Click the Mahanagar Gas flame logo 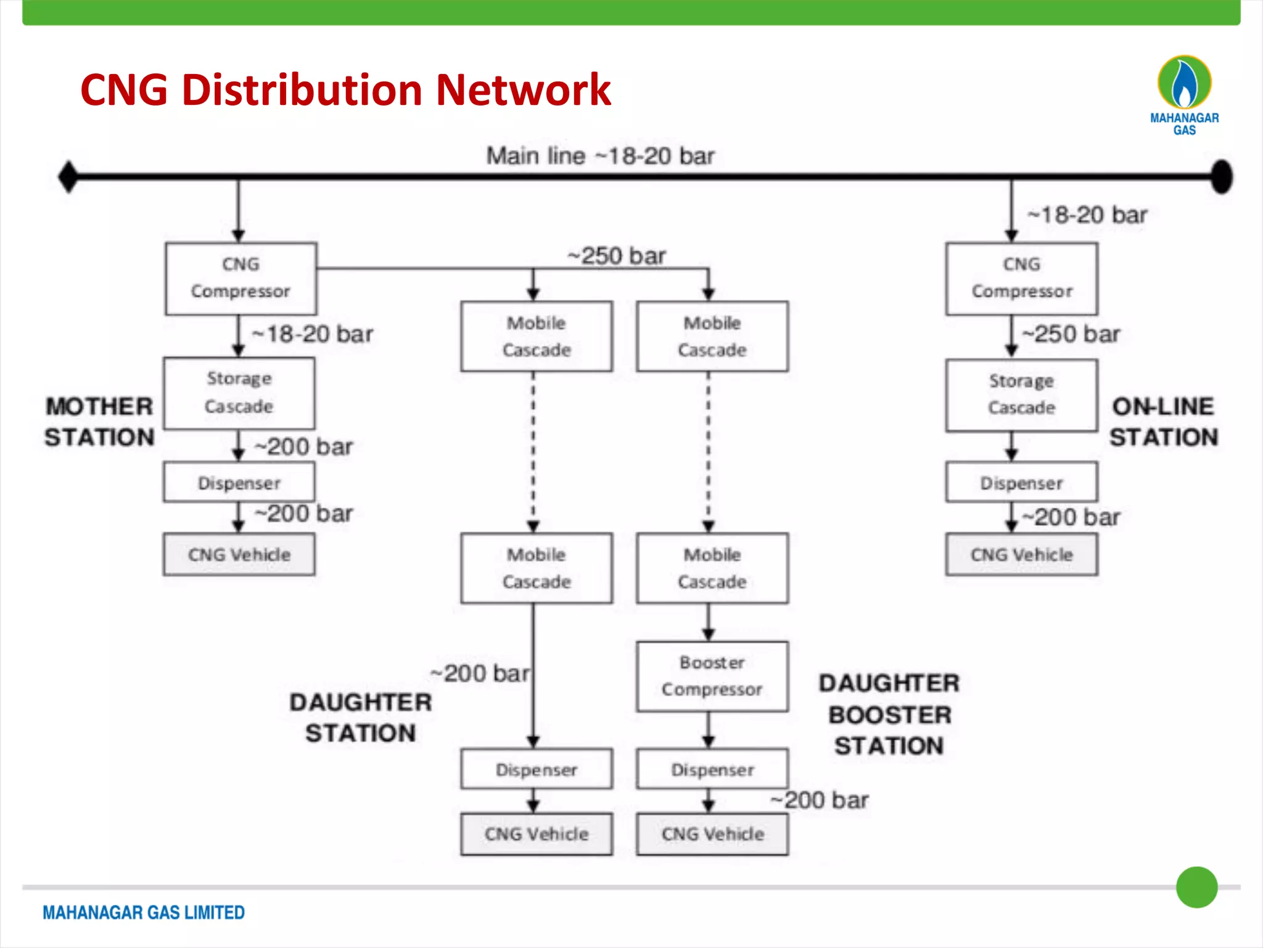click(x=1184, y=83)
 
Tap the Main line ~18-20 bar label click(x=600, y=156)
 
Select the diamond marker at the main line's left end click(x=68, y=177)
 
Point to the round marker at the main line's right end click(x=1221, y=177)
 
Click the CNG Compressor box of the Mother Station click(x=241, y=278)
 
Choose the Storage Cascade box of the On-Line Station click(x=1021, y=395)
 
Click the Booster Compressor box click(x=712, y=676)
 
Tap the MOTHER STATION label click(x=99, y=422)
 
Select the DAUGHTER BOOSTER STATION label click(x=889, y=714)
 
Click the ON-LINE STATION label click(x=1164, y=422)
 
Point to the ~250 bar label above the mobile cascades click(x=617, y=256)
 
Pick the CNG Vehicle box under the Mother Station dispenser click(x=239, y=554)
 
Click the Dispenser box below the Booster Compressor click(x=712, y=769)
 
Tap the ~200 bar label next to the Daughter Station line click(x=480, y=673)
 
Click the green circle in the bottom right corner click(x=1196, y=887)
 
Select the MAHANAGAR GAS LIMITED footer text click(x=144, y=912)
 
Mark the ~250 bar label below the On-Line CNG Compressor click(x=1071, y=334)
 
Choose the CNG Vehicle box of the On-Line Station click(x=1021, y=554)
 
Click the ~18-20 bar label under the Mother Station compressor click(x=313, y=334)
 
